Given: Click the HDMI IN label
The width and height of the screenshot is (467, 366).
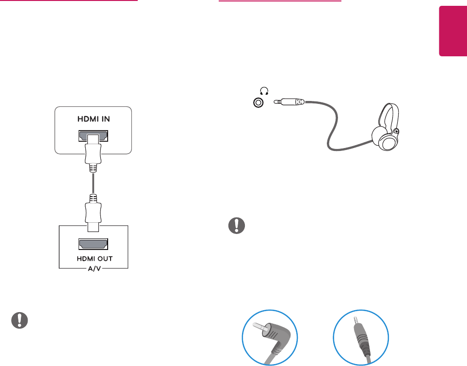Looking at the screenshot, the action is (x=93, y=119).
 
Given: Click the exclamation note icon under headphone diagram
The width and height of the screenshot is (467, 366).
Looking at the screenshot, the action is (x=236, y=226).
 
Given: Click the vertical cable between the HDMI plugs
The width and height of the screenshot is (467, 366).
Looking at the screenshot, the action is (x=93, y=184).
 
